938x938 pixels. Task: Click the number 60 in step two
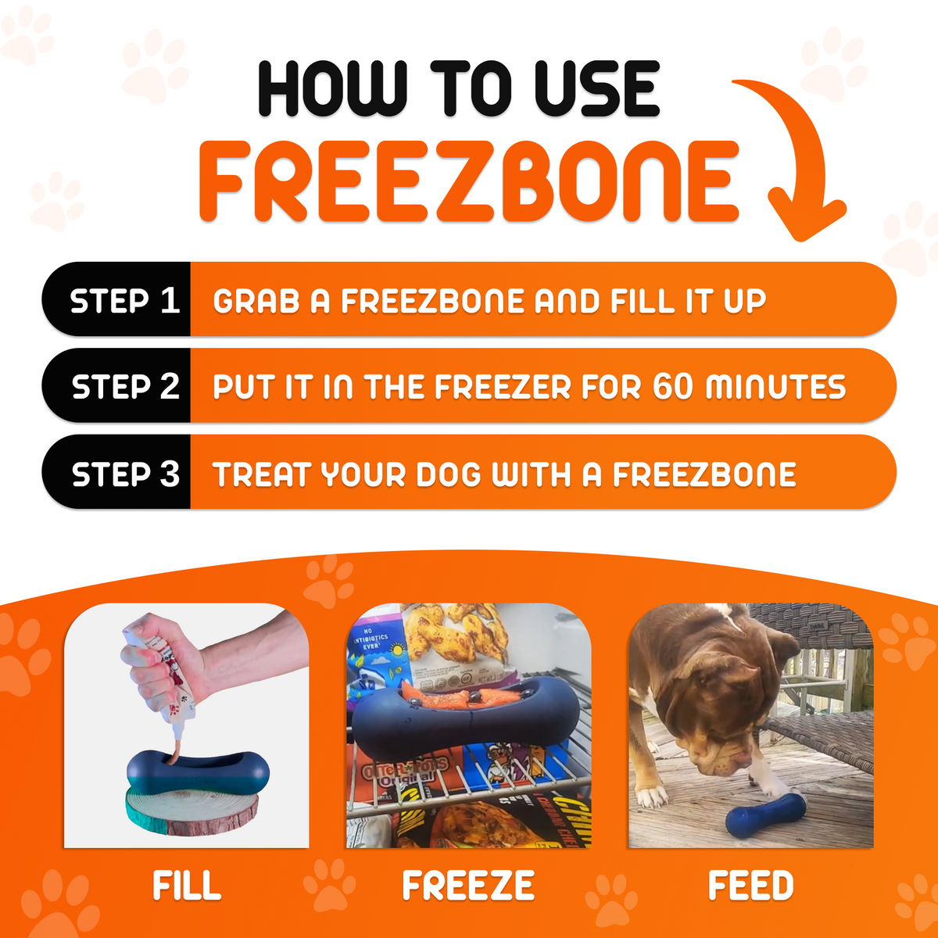pyautogui.click(x=672, y=387)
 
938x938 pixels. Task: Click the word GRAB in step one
pyautogui.click(x=256, y=301)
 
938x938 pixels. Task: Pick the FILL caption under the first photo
pyautogui.click(x=187, y=886)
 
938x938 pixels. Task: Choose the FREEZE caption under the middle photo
pyautogui.click(x=468, y=886)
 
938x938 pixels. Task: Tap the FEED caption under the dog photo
pyautogui.click(x=750, y=886)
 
